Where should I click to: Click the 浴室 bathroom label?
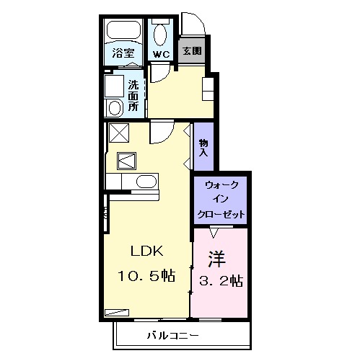[x=123, y=53]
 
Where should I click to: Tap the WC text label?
[x=160, y=53]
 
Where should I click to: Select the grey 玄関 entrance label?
[x=192, y=51]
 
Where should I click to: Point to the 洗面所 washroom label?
[x=133, y=95]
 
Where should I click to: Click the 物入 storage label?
[x=203, y=147]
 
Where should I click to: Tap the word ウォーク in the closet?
[x=220, y=185]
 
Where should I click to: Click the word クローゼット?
[x=220, y=215]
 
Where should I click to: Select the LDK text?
[x=147, y=251]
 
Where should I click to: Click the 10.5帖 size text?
[x=148, y=276]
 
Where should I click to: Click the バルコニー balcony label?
[x=173, y=336]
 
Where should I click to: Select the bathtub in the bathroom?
[x=124, y=32]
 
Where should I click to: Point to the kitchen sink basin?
[x=146, y=181]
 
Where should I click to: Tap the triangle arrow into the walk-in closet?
[x=214, y=231]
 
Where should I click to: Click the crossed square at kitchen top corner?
[x=118, y=133]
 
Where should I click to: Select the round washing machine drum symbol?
[x=115, y=108]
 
